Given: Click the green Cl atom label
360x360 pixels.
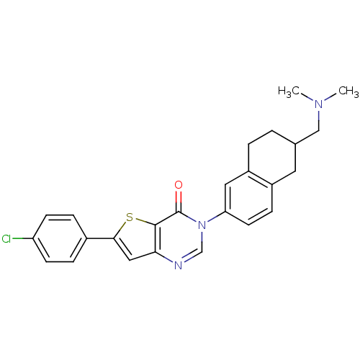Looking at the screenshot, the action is click(6, 239).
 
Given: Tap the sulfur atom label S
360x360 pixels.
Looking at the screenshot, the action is click(130, 217).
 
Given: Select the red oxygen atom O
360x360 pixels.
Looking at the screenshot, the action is click(179, 185).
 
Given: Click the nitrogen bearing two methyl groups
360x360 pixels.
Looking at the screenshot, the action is click(319, 104).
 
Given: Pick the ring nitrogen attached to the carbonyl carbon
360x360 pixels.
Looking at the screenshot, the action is click(202, 225).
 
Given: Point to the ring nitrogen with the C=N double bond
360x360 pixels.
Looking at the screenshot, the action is click(178, 266).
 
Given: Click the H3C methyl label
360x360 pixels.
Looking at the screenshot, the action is click(289, 91).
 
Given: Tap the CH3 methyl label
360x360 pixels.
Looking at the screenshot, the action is click(348, 91).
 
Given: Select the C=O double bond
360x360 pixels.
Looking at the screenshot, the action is click(179, 201).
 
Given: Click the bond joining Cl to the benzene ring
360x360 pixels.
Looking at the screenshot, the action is click(22, 238).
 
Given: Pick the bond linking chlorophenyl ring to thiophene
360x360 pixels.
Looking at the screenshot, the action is click(100, 238).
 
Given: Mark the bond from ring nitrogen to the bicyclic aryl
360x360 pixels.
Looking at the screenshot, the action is click(216, 217).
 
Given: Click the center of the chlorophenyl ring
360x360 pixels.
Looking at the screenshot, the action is click(60, 238).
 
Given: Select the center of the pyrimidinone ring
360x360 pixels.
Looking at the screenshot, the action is click(179, 238).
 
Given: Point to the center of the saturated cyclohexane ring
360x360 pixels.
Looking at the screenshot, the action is click(271, 158).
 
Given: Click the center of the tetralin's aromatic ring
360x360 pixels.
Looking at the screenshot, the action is click(248, 198).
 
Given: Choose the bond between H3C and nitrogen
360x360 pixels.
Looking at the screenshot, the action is click(307, 97).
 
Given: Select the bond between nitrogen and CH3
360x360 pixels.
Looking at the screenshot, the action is click(330, 97).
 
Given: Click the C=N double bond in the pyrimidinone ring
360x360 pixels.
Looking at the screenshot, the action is click(191, 257).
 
